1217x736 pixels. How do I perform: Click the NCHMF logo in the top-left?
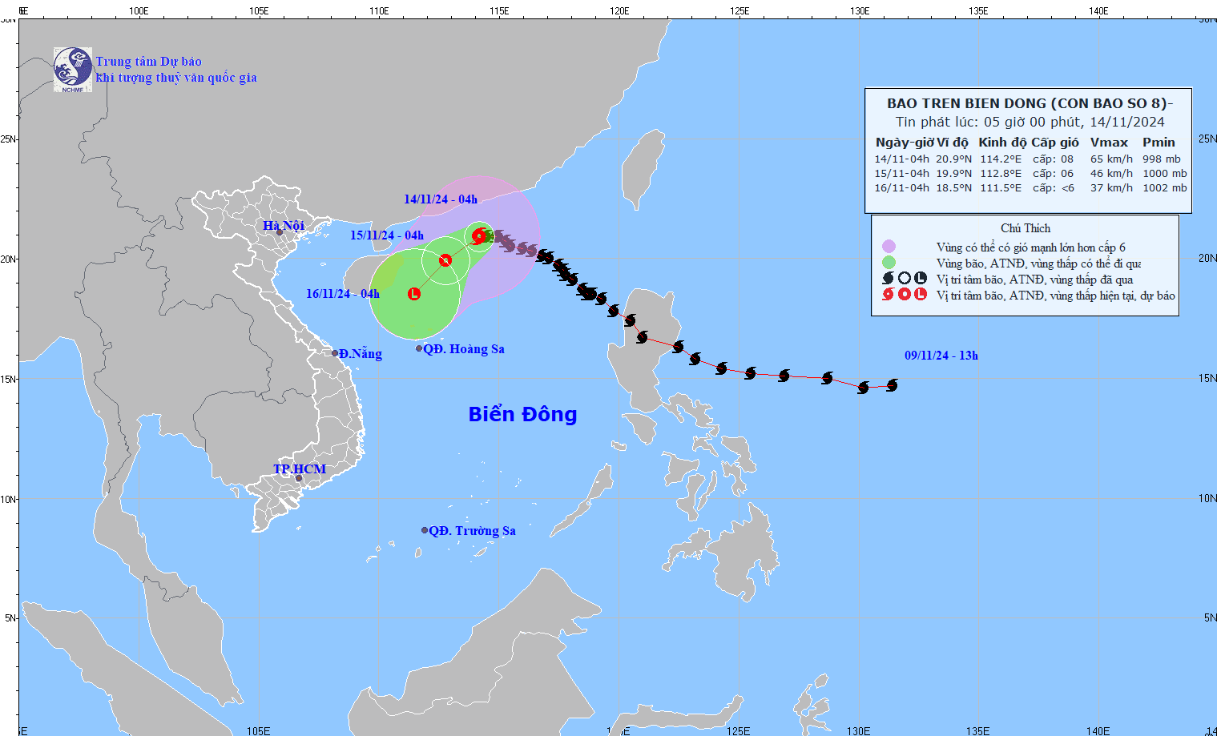(73, 70)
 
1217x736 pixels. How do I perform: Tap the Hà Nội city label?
(284, 226)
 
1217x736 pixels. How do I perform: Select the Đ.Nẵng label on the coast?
(360, 354)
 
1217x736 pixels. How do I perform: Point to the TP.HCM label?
(300, 469)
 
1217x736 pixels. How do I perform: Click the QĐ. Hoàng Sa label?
(464, 349)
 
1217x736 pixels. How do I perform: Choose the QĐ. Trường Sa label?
(472, 531)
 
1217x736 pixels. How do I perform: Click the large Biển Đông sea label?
(522, 414)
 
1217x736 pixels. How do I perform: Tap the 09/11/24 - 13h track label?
(941, 356)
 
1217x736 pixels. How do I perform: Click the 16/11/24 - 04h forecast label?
(343, 294)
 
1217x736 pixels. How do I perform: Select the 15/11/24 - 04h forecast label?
(387, 235)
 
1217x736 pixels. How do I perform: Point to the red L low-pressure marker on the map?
(414, 294)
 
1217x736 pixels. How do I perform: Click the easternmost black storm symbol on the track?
(892, 385)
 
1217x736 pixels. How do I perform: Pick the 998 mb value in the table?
(1161, 159)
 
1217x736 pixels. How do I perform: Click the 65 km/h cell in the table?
(1111, 159)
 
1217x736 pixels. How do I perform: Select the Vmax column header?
(1109, 143)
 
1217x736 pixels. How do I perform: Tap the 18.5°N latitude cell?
(953, 188)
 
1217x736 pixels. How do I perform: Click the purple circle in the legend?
(889, 247)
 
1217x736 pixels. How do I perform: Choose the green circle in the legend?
(889, 263)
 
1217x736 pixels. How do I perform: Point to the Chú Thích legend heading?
(1026, 228)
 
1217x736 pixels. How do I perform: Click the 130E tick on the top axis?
(860, 11)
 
